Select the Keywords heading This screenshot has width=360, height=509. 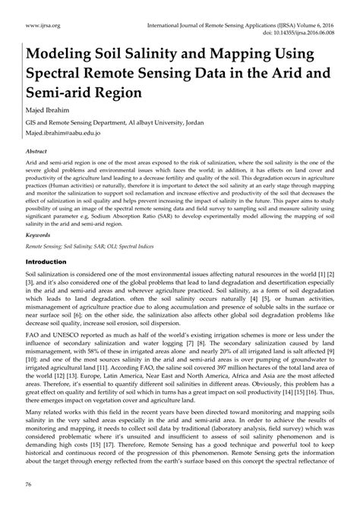[x=39, y=236]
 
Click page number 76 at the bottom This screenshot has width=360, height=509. [x=30, y=484]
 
